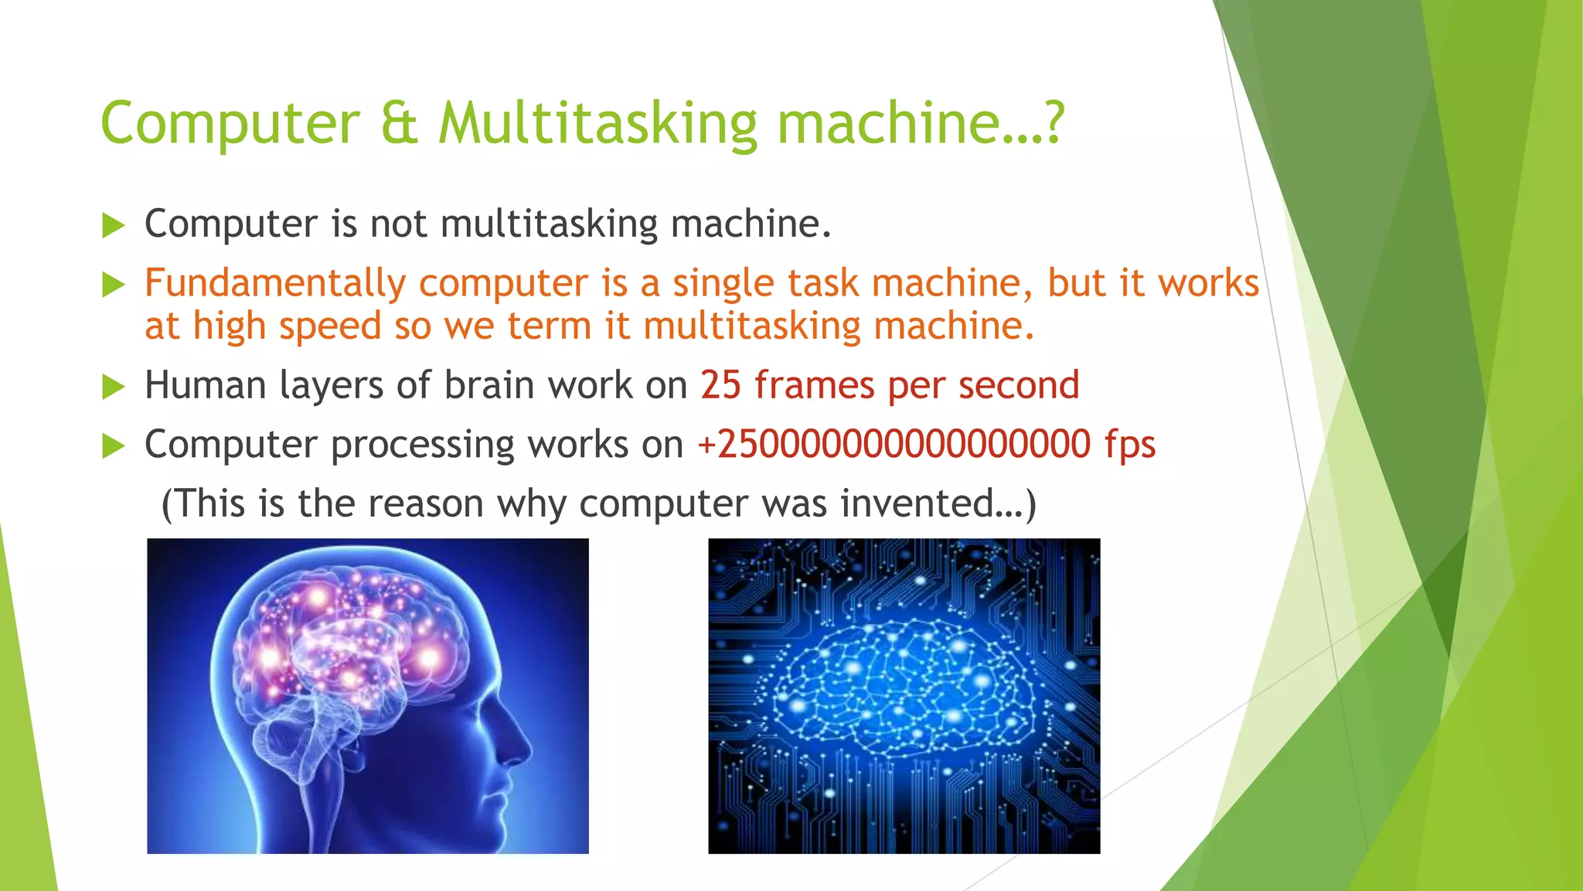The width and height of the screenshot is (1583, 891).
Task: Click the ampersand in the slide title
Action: pyautogui.click(x=399, y=124)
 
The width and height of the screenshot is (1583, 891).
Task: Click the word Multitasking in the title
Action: pyautogui.click(x=597, y=124)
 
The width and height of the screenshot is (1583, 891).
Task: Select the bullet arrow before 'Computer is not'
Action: pyautogui.click(x=114, y=226)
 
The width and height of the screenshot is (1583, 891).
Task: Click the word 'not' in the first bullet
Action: pyautogui.click(x=398, y=224)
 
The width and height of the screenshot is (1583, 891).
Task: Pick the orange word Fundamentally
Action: pyautogui.click(x=274, y=283)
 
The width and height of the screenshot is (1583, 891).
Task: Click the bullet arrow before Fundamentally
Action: pyautogui.click(x=114, y=285)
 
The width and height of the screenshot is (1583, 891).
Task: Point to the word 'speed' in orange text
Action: pyautogui.click(x=330, y=326)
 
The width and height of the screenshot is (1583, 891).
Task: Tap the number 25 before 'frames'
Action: pyautogui.click(x=720, y=385)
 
